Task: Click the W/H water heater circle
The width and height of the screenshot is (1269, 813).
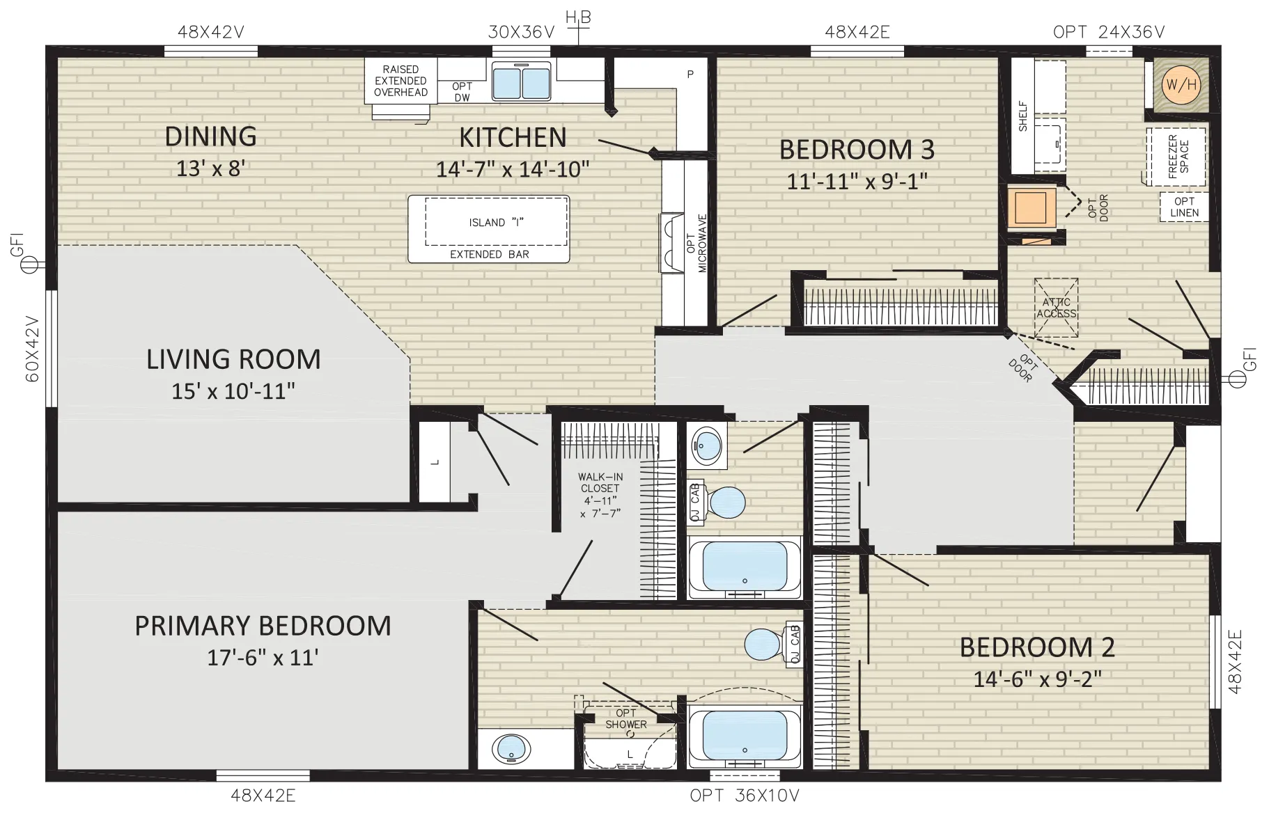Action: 1181,86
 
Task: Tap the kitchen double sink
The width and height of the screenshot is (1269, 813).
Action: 522,80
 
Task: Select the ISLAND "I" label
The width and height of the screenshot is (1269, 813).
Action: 496,223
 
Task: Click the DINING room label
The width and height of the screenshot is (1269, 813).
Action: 210,136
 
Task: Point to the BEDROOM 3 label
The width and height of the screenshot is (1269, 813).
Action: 857,149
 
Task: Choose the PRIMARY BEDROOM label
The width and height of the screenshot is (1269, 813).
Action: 263,626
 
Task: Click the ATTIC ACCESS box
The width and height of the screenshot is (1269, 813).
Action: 1056,308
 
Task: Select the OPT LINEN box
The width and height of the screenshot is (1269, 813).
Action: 1184,207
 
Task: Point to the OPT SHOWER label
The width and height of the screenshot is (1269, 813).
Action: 625,718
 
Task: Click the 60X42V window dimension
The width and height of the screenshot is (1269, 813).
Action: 33,349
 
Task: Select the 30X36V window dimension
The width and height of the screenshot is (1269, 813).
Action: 521,31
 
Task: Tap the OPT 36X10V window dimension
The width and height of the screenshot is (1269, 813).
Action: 745,796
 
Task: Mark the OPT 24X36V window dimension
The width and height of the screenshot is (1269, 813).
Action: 1109,31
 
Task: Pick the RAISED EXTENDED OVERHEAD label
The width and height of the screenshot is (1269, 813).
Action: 400,81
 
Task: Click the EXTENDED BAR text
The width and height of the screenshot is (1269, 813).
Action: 489,254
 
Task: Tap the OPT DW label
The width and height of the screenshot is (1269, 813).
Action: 462,92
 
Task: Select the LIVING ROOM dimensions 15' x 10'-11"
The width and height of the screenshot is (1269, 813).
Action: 233,391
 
